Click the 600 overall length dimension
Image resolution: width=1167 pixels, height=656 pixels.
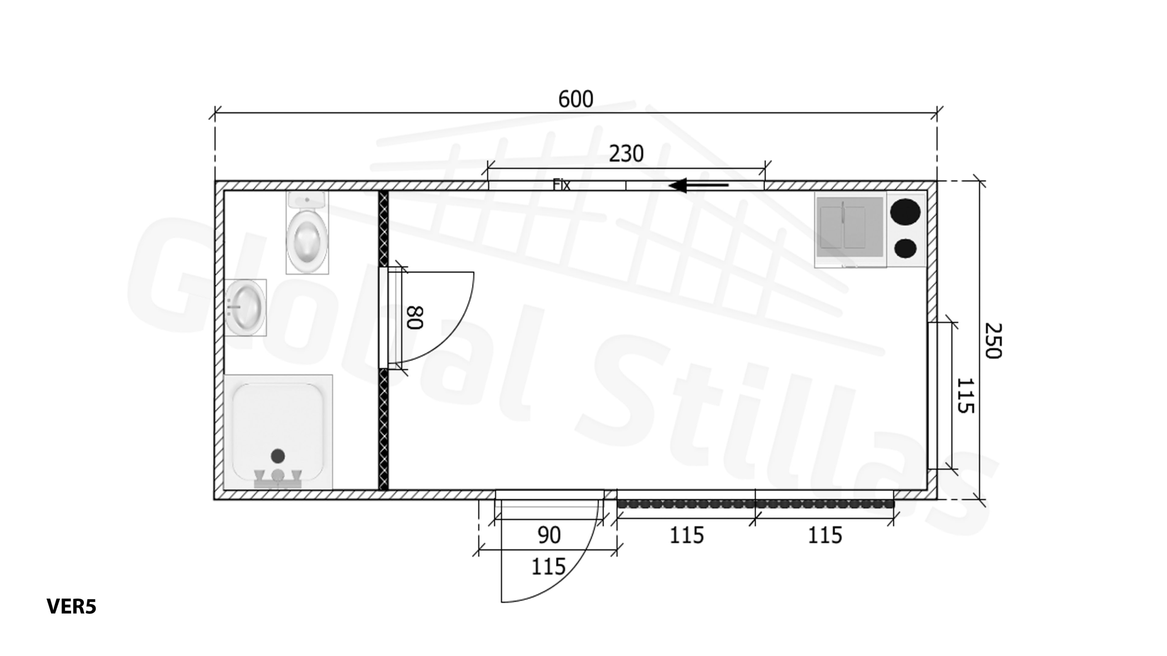coord(576,99)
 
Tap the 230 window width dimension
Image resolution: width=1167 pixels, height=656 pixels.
coord(626,154)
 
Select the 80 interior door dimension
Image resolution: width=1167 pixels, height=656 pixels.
coord(415,318)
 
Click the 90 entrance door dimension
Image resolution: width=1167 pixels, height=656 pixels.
coord(549,535)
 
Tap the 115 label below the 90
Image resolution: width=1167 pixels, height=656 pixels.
coord(548,567)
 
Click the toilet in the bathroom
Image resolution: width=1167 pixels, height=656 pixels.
coord(307,233)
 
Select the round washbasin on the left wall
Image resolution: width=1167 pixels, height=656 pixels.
coord(245,307)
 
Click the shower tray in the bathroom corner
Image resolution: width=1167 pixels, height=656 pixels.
coord(278,432)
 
